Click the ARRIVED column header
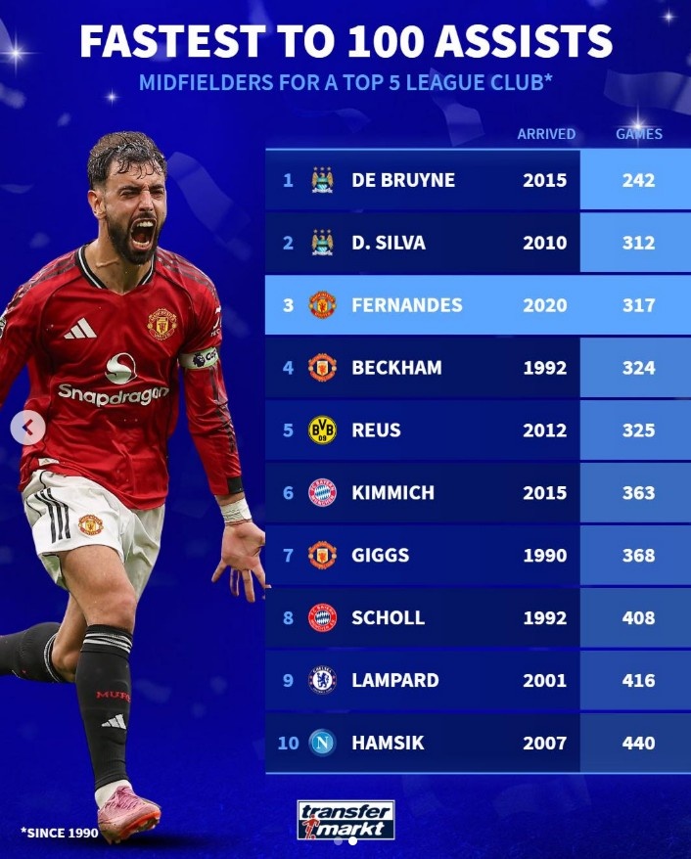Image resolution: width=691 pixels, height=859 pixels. click(546, 134)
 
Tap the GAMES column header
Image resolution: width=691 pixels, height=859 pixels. click(638, 134)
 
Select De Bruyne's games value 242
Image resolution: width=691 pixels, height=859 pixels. click(638, 180)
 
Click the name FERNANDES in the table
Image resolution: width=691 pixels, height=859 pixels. click(407, 305)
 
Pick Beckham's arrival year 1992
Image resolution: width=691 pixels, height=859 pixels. click(545, 368)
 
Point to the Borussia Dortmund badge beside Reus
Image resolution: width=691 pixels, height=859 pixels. click(322, 430)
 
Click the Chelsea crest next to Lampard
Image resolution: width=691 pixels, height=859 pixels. click(322, 680)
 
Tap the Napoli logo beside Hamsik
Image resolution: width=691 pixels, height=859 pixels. click(322, 743)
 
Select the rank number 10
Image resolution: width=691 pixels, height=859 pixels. click(288, 743)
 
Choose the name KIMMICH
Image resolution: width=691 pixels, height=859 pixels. click(392, 493)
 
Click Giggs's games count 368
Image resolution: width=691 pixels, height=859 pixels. click(638, 556)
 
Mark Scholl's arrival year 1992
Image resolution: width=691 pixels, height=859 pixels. click(545, 617)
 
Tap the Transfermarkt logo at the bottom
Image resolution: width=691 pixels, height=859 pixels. click(345, 820)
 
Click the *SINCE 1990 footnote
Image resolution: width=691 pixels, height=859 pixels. click(59, 833)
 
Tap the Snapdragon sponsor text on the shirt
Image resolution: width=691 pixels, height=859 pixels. click(113, 393)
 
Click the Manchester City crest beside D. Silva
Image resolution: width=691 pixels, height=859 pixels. click(322, 243)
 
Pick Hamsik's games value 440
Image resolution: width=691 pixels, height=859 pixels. click(638, 743)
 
